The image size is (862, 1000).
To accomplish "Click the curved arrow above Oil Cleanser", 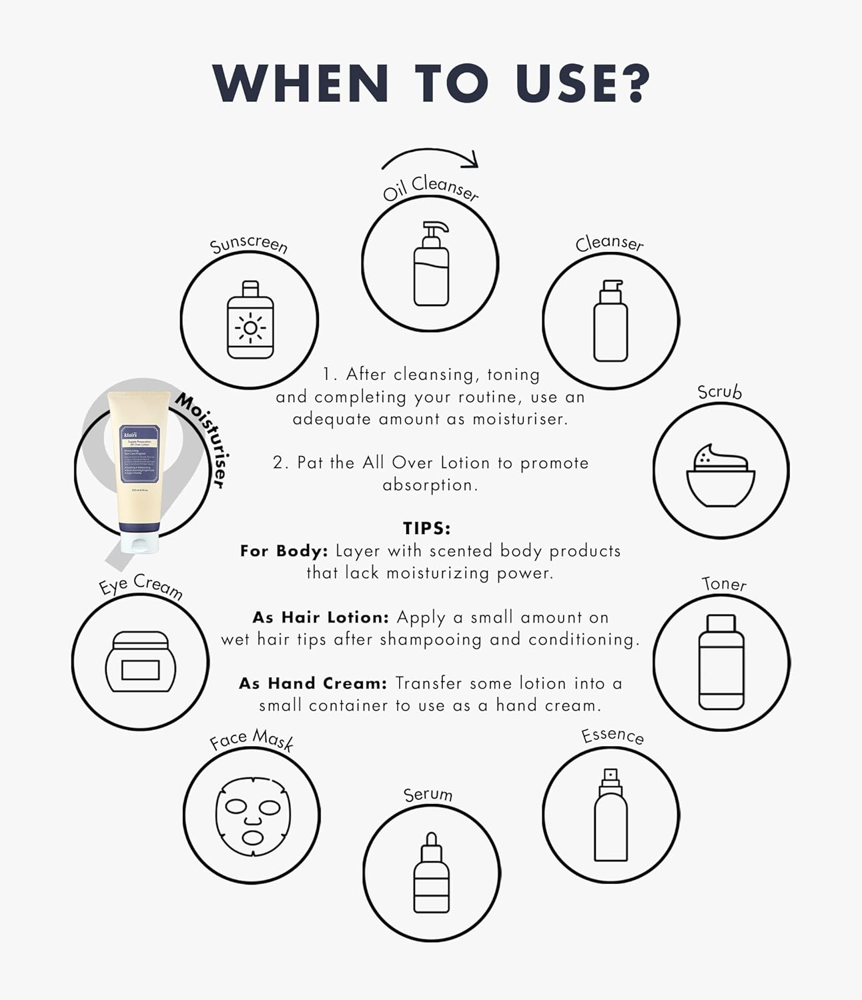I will point(430,157).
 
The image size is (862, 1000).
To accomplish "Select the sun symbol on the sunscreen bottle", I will point(250,327).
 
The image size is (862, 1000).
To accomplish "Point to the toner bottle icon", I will point(721,662).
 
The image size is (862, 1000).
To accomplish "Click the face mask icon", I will point(252,816).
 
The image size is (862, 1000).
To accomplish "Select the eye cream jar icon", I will point(141,662).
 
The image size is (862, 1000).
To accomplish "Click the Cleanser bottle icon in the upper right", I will point(610,321).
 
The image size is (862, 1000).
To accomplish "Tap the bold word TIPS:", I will point(427,529).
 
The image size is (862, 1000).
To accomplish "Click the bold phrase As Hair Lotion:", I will point(320,617).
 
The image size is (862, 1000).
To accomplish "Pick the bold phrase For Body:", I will point(284,551).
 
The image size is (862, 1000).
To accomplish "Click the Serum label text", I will point(428,794).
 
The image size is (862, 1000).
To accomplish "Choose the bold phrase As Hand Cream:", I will point(313,683).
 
